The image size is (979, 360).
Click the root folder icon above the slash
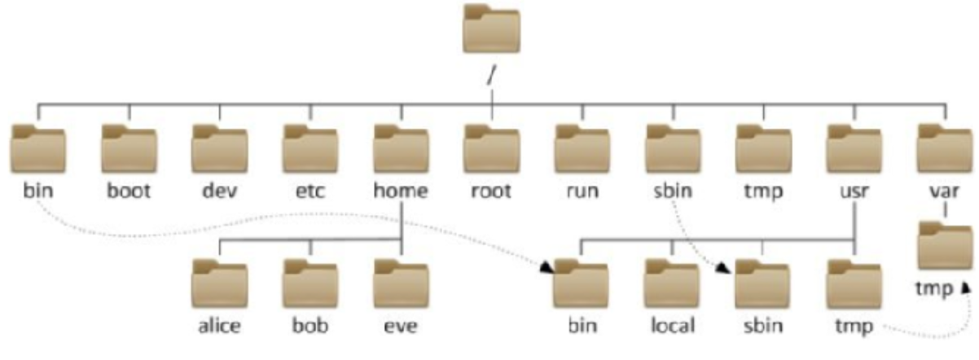491,31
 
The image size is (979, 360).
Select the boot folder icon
129,148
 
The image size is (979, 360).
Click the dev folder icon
219,148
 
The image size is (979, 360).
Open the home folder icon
401,148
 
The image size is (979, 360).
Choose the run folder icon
582,148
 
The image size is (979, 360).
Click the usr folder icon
853,148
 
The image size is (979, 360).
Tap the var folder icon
944,148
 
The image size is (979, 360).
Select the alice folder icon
219,283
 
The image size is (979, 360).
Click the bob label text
310,326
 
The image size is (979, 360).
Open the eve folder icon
401,283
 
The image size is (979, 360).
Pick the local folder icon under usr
672,283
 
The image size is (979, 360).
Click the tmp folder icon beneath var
944,244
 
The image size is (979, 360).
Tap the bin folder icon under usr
582,283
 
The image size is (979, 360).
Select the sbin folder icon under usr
762,283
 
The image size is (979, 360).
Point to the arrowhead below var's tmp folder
966,286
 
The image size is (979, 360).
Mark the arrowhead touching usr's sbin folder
727,268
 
